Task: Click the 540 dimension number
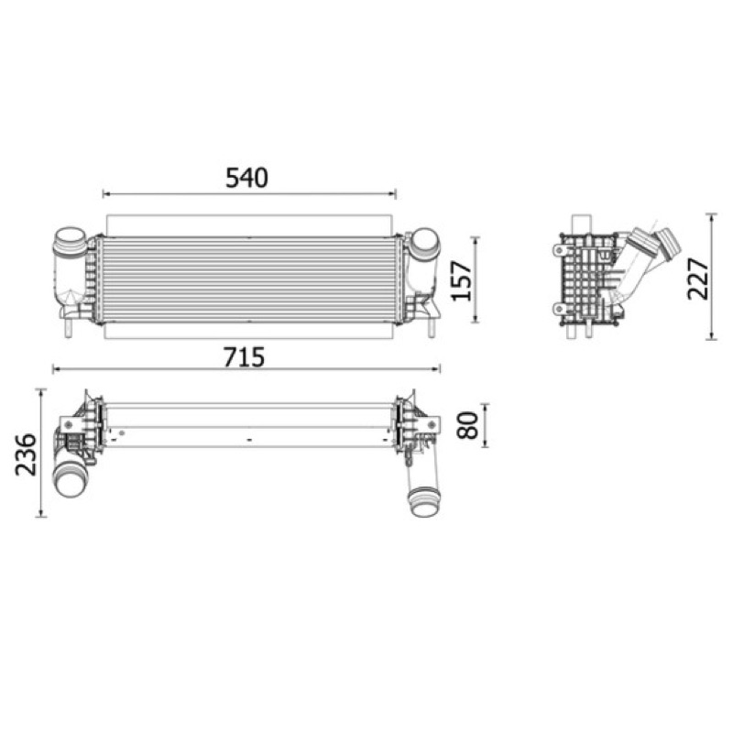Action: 246,178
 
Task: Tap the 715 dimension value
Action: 244,357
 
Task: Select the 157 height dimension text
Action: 462,280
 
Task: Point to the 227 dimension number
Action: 698,279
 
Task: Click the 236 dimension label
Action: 26,454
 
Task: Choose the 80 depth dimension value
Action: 468,425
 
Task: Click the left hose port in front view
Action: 70,240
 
